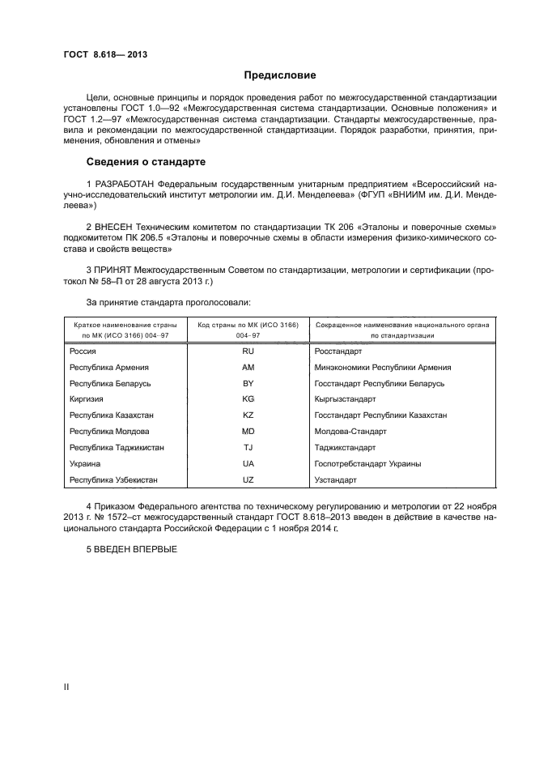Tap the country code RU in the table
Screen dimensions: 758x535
[248, 351]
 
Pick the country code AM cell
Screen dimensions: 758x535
[248, 368]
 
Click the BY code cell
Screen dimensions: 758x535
[248, 383]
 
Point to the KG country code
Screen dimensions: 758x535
[248, 399]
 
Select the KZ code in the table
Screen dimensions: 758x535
[248, 415]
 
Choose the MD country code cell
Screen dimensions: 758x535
[248, 432]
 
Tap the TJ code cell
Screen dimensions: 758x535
[248, 448]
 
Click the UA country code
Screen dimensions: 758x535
[248, 464]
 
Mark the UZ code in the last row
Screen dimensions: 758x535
[248, 480]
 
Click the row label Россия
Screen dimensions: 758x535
[83, 351]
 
